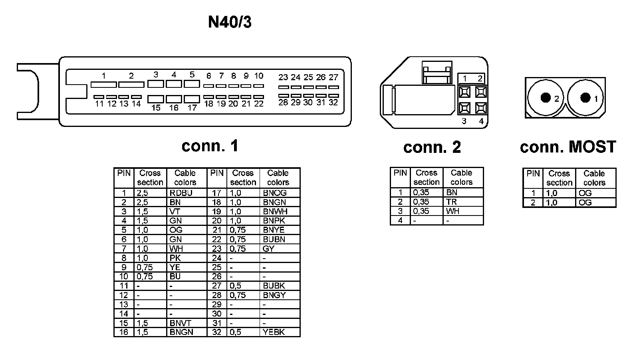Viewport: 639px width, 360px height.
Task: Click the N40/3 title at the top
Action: coord(230,22)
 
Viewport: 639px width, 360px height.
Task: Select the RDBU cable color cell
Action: coord(181,193)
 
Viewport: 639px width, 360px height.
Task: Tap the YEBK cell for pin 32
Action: coord(274,332)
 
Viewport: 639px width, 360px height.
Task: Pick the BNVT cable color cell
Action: coord(181,323)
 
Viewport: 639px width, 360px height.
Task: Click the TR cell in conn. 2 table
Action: coord(452,202)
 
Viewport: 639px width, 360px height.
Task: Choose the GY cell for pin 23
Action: coord(268,249)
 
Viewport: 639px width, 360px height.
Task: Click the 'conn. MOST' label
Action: coord(568,147)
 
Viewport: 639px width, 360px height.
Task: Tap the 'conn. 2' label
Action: coord(432,147)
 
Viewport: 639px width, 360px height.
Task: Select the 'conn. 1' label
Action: coord(210,146)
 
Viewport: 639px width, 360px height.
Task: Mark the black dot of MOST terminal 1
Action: coord(585,97)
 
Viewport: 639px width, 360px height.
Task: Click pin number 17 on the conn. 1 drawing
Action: coord(192,108)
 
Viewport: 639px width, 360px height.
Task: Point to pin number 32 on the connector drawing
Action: coord(333,103)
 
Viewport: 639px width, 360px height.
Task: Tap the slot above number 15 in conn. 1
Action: coord(155,99)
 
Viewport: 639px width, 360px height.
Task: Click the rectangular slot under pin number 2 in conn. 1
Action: coord(131,85)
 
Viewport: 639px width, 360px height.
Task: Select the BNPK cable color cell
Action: coord(274,221)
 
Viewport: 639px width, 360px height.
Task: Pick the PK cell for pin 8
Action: coord(175,258)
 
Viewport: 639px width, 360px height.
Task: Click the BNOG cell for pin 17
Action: coord(275,193)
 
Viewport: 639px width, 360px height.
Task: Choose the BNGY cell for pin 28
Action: coord(274,295)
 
